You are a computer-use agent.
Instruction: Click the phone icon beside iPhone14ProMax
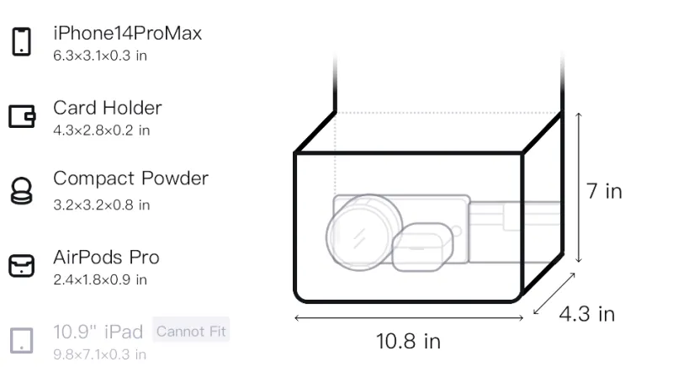[22, 41]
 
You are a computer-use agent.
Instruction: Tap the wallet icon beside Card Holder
[22, 116]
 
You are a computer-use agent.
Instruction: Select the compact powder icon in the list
[22, 190]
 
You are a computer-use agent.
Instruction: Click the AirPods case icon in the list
[22, 265]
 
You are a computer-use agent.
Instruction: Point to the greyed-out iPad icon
[22, 341]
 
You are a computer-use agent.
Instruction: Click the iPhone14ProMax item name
[128, 33]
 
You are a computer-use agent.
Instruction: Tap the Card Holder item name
[108, 108]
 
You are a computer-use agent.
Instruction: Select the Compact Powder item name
[130, 178]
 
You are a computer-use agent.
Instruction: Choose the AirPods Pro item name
[106, 258]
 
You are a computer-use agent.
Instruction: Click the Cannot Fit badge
[191, 331]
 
